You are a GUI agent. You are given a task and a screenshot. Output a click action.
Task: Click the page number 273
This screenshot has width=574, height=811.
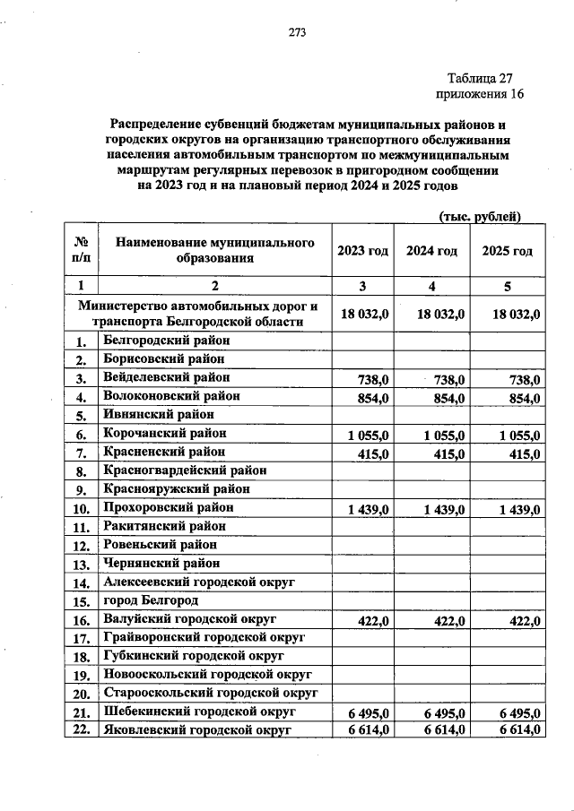pyautogui.click(x=298, y=33)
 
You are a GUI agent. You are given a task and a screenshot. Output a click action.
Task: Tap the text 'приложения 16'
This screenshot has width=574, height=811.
pyautogui.click(x=479, y=94)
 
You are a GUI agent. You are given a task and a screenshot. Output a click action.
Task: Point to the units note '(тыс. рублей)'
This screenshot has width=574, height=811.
pyautogui.click(x=480, y=216)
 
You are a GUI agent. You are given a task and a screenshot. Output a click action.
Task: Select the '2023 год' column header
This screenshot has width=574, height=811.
pyautogui.click(x=362, y=251)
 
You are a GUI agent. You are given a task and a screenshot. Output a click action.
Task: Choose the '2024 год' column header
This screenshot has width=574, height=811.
pyautogui.click(x=432, y=251)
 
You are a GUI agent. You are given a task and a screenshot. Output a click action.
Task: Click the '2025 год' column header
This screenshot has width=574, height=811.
pyautogui.click(x=508, y=251)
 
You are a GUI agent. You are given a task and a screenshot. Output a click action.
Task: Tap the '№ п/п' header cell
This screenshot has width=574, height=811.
pyautogui.click(x=80, y=251)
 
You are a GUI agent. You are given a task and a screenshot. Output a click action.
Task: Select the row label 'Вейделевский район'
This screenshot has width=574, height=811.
pyautogui.click(x=166, y=377)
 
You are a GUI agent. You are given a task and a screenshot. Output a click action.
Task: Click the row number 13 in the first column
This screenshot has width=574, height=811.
pyautogui.click(x=80, y=565)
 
